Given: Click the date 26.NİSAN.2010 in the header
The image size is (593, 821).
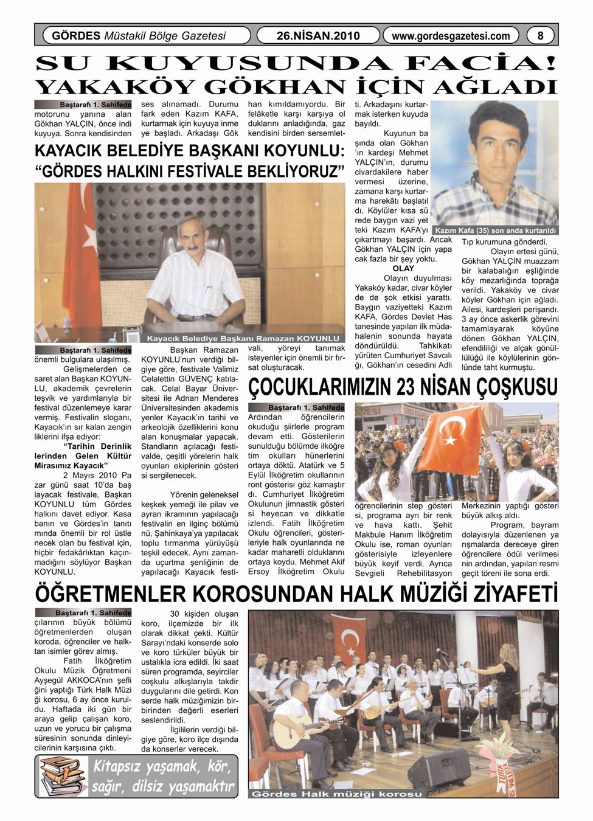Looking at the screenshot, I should coord(318,36).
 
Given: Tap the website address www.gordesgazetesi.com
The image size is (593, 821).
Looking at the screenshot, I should coord(451,36).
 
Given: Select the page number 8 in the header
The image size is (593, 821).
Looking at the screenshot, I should coord(540,36).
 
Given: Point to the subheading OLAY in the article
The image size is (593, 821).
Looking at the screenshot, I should coord(403,268).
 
